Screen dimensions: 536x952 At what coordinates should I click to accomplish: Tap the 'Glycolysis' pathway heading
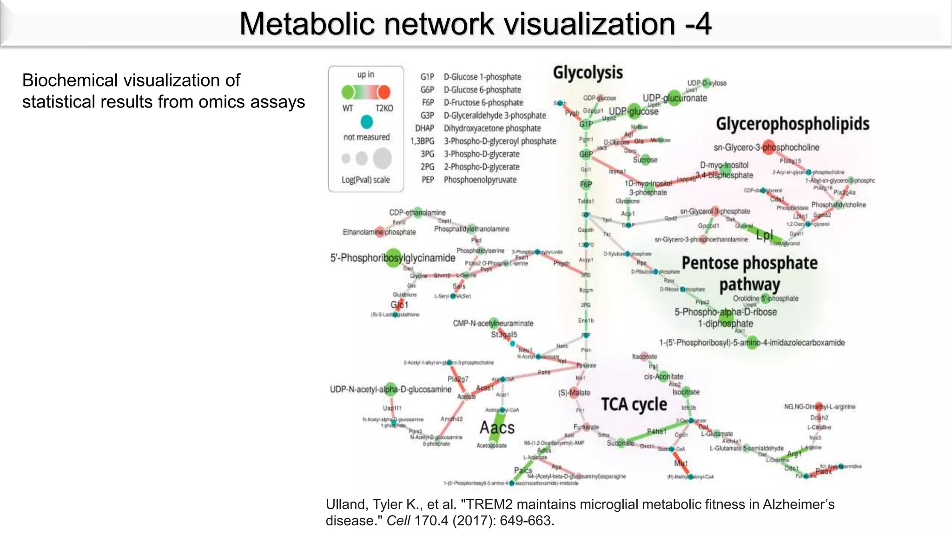click(x=588, y=73)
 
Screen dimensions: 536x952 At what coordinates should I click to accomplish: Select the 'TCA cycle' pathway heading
click(x=634, y=404)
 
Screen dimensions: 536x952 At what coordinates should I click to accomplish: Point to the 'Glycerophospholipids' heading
click(x=792, y=124)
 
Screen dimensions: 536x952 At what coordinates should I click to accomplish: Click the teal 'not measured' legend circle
click(x=367, y=122)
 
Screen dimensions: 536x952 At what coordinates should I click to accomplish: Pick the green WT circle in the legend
click(x=348, y=92)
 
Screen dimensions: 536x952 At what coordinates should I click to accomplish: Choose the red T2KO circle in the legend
click(x=383, y=92)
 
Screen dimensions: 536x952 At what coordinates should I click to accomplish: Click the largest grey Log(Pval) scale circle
click(x=382, y=158)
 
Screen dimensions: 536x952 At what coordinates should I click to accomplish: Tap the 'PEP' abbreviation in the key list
click(x=427, y=180)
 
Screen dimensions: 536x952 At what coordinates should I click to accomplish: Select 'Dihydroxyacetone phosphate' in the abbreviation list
click(x=492, y=128)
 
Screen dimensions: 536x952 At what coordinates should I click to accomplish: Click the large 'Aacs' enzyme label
click(x=497, y=427)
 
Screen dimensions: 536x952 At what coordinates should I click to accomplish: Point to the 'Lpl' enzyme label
click(x=764, y=235)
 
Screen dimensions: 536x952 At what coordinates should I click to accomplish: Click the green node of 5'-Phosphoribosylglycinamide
click(x=394, y=258)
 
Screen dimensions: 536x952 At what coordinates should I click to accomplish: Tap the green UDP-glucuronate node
click(x=674, y=98)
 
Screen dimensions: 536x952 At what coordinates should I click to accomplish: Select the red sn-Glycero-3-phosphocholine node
click(x=769, y=147)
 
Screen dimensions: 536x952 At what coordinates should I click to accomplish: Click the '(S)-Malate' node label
click(x=574, y=393)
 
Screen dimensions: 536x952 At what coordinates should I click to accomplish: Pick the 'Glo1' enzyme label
click(x=399, y=305)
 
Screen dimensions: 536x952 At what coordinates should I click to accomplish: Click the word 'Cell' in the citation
click(x=398, y=521)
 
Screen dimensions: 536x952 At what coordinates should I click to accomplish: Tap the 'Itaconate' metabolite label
click(x=644, y=356)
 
